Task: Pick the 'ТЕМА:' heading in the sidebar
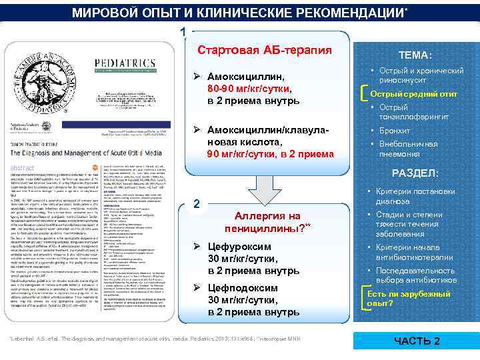click(x=415, y=56)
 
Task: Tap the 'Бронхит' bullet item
click(x=395, y=131)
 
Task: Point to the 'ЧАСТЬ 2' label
click(x=417, y=341)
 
